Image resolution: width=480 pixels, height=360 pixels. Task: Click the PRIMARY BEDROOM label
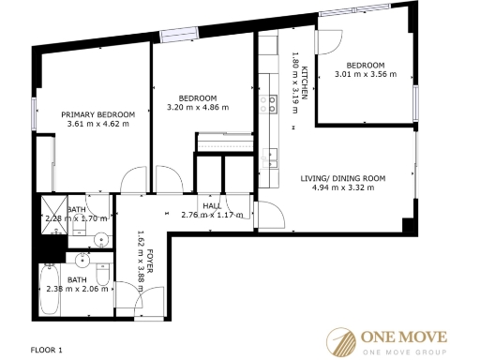pyautogui.click(x=98, y=114)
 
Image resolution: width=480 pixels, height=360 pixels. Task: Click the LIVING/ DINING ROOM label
pyautogui.click(x=343, y=177)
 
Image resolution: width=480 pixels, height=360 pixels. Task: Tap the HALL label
pyautogui.click(x=211, y=205)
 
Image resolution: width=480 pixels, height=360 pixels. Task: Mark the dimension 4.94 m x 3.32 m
pyautogui.click(x=343, y=187)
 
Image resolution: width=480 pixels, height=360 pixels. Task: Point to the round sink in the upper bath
pyautogui.click(x=99, y=239)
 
